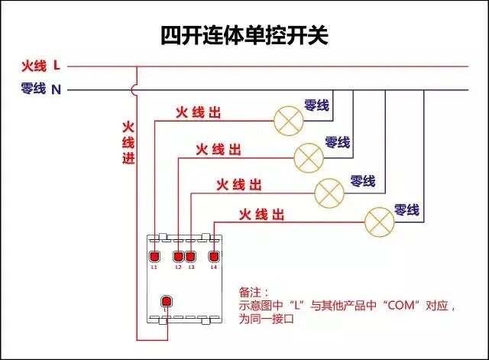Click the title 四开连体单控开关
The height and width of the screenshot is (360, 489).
(244, 35)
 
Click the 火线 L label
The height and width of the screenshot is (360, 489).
(41, 66)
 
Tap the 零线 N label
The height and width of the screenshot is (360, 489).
(41, 89)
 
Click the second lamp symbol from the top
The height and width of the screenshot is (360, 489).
(309, 156)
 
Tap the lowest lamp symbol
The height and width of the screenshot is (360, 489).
(379, 221)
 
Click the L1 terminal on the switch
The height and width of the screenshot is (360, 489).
(154, 256)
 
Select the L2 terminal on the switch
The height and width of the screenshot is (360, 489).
(179, 256)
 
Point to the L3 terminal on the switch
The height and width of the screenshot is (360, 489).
(191, 256)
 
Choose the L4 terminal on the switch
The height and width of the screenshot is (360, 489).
(214, 256)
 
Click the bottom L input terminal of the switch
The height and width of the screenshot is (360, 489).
(166, 301)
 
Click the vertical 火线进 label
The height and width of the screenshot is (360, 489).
(128, 142)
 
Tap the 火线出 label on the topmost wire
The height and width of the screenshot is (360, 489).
(198, 113)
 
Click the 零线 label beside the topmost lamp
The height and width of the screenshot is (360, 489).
(316, 105)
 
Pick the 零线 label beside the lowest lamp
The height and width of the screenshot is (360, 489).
(406, 209)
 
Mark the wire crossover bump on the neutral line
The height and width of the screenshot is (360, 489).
(136, 90)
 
